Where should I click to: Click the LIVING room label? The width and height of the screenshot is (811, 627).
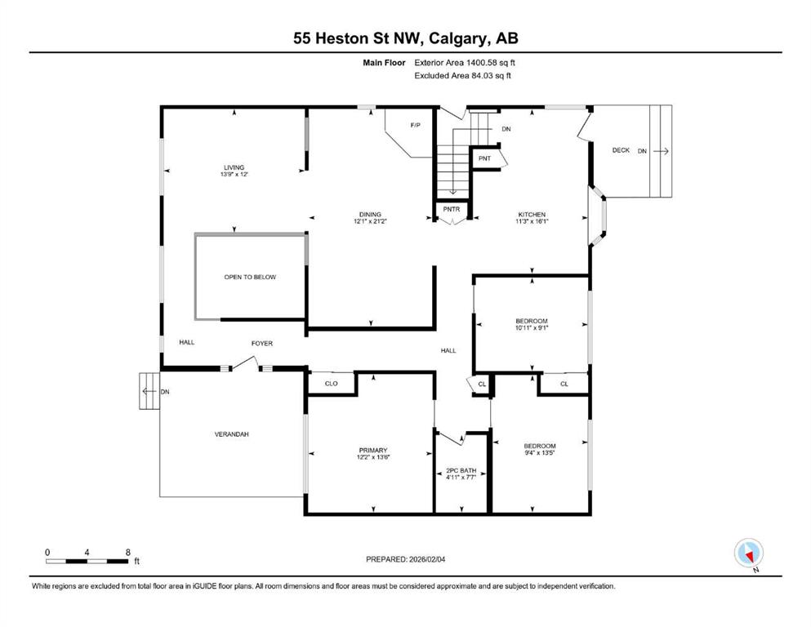click(234, 167)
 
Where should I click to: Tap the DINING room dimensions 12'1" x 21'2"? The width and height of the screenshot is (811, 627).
click(370, 221)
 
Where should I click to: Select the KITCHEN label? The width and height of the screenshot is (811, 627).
click(532, 215)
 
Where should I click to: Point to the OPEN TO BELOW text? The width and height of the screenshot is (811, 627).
click(250, 277)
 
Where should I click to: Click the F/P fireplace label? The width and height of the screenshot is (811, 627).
click(416, 125)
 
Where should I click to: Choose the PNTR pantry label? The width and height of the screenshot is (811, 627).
click(452, 209)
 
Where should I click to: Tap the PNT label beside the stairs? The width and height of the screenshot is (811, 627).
click(484, 158)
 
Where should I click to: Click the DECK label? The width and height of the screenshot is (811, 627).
click(621, 150)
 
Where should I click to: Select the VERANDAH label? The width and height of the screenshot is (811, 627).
click(232, 434)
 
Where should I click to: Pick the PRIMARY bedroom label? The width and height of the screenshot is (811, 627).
click(373, 450)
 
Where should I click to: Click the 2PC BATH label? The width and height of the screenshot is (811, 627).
click(461, 471)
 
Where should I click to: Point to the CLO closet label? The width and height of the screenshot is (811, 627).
click(331, 384)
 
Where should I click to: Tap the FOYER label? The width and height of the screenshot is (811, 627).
click(261, 343)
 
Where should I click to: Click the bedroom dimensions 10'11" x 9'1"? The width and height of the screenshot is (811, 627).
click(532, 327)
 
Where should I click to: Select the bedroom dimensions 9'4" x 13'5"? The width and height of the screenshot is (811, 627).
click(540, 453)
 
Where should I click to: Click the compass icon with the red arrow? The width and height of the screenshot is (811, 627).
click(748, 553)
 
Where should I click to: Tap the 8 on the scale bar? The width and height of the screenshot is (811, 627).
click(127, 553)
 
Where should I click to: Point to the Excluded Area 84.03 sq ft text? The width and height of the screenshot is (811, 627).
click(463, 75)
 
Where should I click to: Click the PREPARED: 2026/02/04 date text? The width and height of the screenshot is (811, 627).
click(405, 559)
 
